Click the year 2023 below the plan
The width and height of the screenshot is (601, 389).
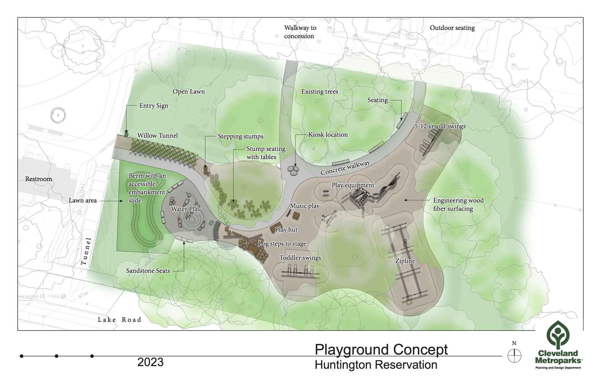pyautogui.click(x=150, y=362)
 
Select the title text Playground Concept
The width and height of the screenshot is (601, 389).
pyautogui.click(x=381, y=350)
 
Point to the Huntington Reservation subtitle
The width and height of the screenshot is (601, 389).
pyautogui.click(x=376, y=365)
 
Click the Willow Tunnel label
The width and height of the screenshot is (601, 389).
pyautogui.click(x=157, y=136)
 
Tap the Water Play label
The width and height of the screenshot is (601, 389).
pyautogui.click(x=186, y=209)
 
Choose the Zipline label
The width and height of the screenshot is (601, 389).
pyautogui.click(x=405, y=261)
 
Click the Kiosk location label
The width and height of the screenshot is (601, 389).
pyautogui.click(x=328, y=135)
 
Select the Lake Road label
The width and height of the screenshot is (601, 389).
pyautogui.click(x=119, y=320)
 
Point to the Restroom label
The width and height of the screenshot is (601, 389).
pyautogui.click(x=39, y=179)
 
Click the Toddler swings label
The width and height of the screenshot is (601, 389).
pyautogui.click(x=300, y=258)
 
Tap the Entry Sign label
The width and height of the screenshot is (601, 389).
pyautogui.click(x=153, y=106)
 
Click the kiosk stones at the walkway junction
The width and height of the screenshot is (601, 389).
pyautogui.click(x=293, y=170)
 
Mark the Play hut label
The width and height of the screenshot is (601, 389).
pyautogui.click(x=286, y=230)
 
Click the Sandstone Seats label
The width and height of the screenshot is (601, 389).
pyautogui.click(x=148, y=271)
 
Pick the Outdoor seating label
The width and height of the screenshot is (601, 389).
pyautogui.click(x=452, y=28)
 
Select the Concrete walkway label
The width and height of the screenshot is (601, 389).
pyautogui.click(x=345, y=168)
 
